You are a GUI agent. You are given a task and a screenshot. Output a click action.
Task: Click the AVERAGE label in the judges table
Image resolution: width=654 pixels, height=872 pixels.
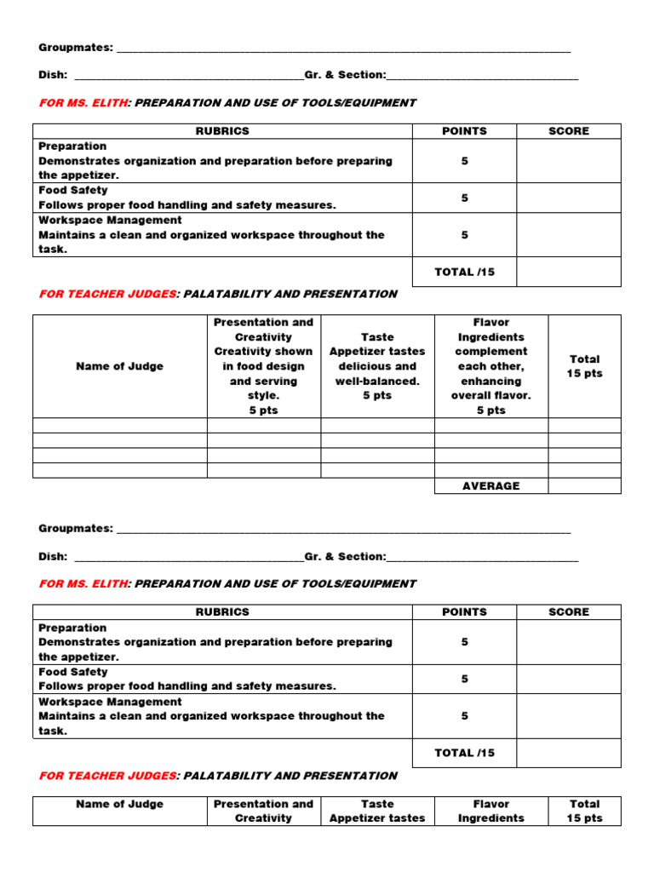pos(490,485)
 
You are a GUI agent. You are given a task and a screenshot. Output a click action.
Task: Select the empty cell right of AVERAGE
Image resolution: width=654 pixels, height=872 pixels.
pos(584,485)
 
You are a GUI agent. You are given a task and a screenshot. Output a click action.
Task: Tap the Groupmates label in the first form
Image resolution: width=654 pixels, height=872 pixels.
pos(76,48)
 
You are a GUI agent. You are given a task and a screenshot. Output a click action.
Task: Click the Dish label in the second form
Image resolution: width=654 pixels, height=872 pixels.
pos(52,556)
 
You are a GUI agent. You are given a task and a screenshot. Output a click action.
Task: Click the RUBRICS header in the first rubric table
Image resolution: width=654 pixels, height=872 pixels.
pos(222,131)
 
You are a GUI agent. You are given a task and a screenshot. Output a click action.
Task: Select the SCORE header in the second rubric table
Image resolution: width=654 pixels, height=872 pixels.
pos(568,612)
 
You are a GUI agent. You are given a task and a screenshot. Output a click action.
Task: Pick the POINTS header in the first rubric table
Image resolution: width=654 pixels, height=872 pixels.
pos(464,131)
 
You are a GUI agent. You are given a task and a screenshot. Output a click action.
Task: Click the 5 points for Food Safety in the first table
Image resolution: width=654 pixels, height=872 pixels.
pos(464,198)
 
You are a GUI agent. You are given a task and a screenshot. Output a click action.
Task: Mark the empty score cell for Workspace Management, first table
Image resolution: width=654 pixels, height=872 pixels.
pos(568,235)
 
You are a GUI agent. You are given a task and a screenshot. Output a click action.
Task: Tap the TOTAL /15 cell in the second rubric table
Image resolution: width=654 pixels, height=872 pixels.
pos(464,753)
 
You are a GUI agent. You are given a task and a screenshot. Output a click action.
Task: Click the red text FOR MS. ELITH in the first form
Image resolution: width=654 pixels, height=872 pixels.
pos(83,103)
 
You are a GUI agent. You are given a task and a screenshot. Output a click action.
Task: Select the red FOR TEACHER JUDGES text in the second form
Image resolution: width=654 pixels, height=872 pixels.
pos(107,776)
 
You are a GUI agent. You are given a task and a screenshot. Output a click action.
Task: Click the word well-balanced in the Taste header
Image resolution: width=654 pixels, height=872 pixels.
pos(377,381)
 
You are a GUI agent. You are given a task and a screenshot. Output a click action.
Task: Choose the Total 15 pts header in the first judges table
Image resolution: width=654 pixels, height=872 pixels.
pos(584,366)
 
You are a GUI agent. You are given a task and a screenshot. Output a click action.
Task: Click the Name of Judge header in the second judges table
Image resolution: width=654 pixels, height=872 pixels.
pos(119,804)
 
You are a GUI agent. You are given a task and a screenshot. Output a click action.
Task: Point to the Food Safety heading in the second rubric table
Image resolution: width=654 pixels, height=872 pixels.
pos(72,672)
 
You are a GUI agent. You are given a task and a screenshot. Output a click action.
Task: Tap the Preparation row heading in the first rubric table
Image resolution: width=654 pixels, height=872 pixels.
pos(72,146)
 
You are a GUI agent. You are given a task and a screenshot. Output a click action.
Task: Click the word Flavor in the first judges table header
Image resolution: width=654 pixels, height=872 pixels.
pos(491,323)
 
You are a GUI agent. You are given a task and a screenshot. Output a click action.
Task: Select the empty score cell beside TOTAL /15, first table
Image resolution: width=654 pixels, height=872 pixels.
pos(568,272)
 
